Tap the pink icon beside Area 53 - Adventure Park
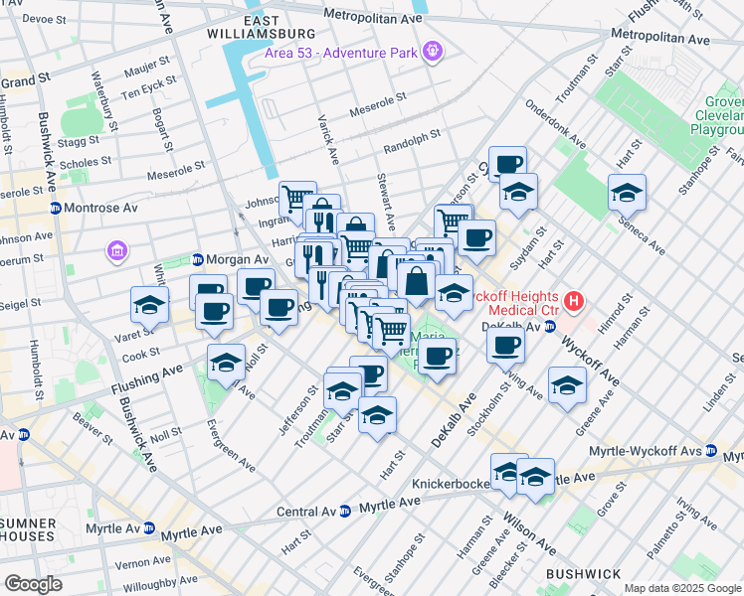433,50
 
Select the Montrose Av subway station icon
56,208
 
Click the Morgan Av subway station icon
197,259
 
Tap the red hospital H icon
572,299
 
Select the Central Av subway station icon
344,512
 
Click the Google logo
32,584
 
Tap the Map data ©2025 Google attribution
682,588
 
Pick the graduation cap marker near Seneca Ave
627,193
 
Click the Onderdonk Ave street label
550,121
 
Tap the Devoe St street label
43,18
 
